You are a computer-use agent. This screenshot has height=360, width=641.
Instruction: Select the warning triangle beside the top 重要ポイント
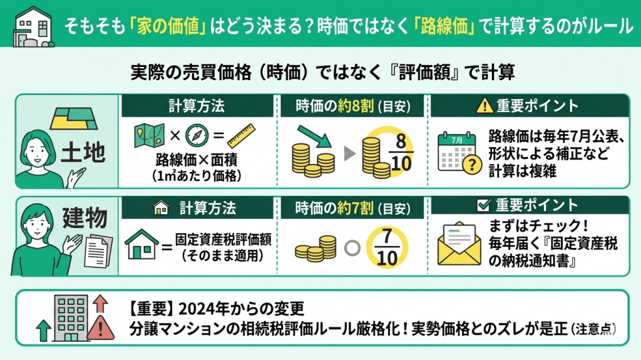[483, 106]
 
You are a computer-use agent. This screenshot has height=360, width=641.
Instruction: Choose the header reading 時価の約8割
[353, 106]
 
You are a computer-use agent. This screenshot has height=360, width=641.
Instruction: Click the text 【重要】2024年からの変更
[216, 309]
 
